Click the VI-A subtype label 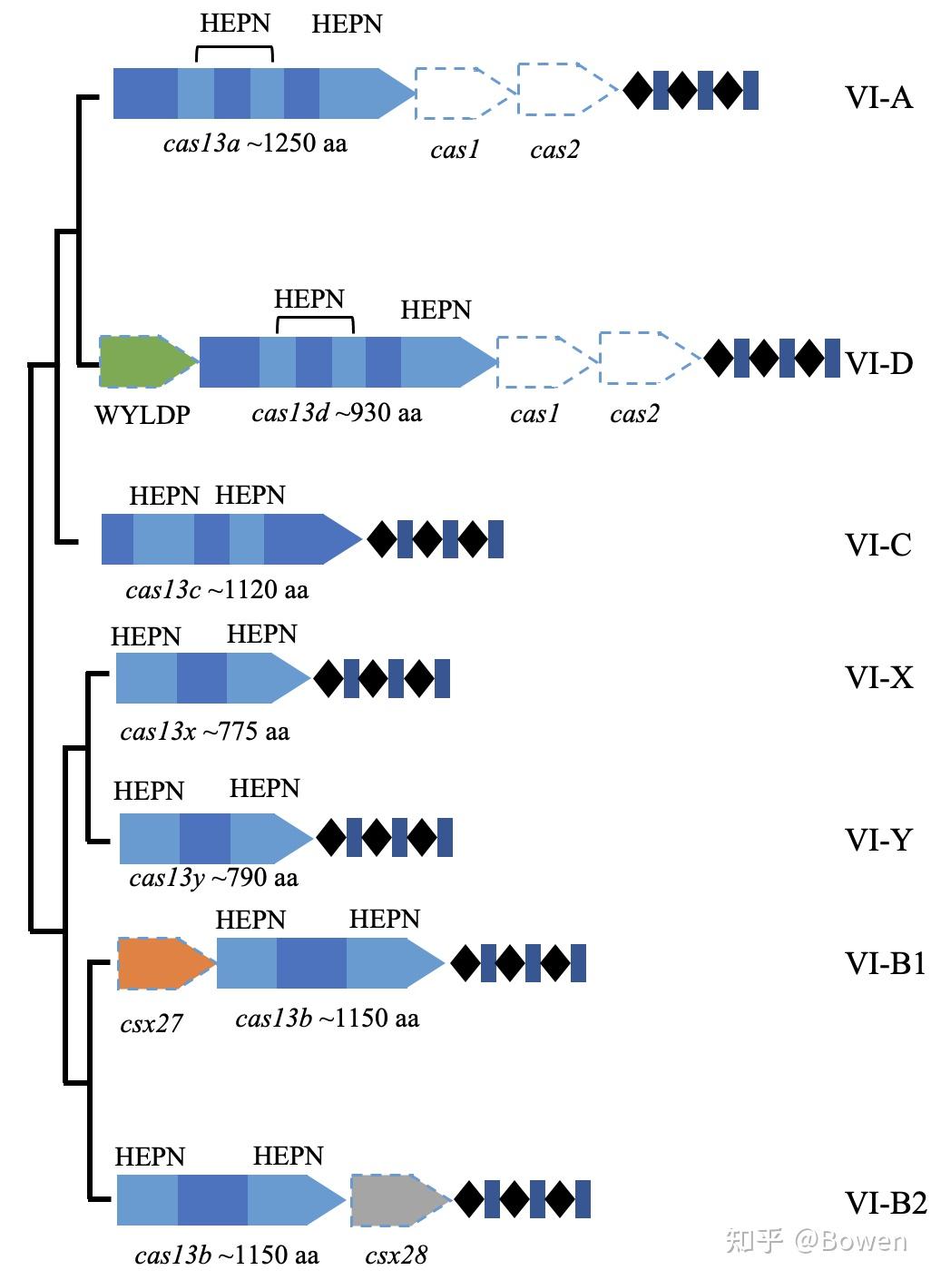tap(877, 96)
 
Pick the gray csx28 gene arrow tap(396, 1200)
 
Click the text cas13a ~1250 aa tap(255, 143)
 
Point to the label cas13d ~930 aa tap(337, 413)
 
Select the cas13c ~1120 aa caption tap(217, 590)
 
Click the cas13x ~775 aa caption tap(204, 731)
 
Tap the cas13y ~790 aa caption tap(213, 878)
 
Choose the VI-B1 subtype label tap(885, 963)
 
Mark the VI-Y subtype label tap(877, 840)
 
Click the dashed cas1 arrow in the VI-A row tap(458, 93)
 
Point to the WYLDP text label tap(142, 415)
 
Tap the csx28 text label tap(396, 1255)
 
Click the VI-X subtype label tap(878, 677)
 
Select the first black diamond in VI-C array tap(381, 539)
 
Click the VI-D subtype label tap(878, 363)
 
